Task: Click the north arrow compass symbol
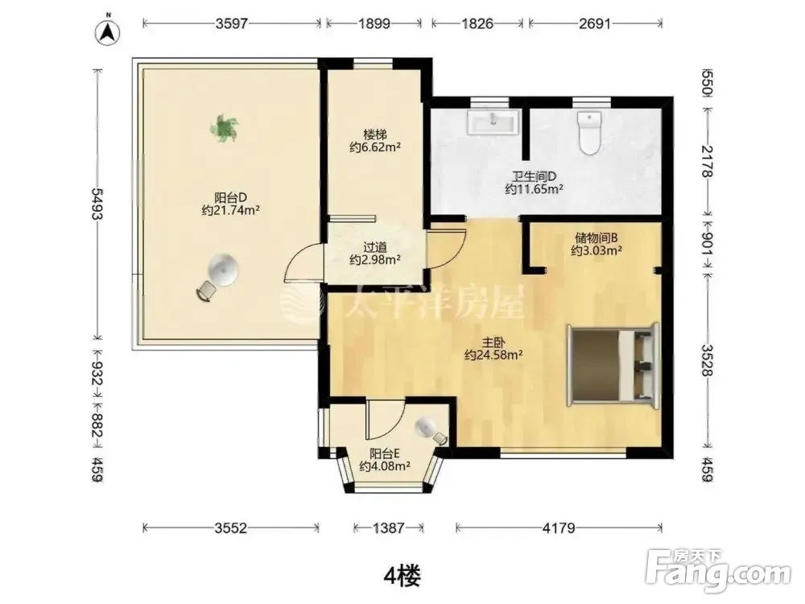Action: [x=107, y=33]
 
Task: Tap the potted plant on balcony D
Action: [x=225, y=128]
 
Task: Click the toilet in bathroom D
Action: [x=589, y=133]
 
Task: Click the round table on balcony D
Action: [x=223, y=269]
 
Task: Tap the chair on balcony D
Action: [x=206, y=292]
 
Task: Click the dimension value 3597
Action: [x=232, y=23]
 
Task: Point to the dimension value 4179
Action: [x=559, y=527]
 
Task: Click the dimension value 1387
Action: [x=388, y=527]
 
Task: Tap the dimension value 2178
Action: [x=707, y=161]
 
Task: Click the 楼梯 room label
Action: [x=375, y=134]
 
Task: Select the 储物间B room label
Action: [x=596, y=238]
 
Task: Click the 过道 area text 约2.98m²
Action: [x=375, y=260]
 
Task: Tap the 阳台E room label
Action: [x=385, y=453]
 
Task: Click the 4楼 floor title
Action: [x=402, y=576]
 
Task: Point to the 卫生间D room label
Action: [x=535, y=176]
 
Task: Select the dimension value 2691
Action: [x=595, y=23]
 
